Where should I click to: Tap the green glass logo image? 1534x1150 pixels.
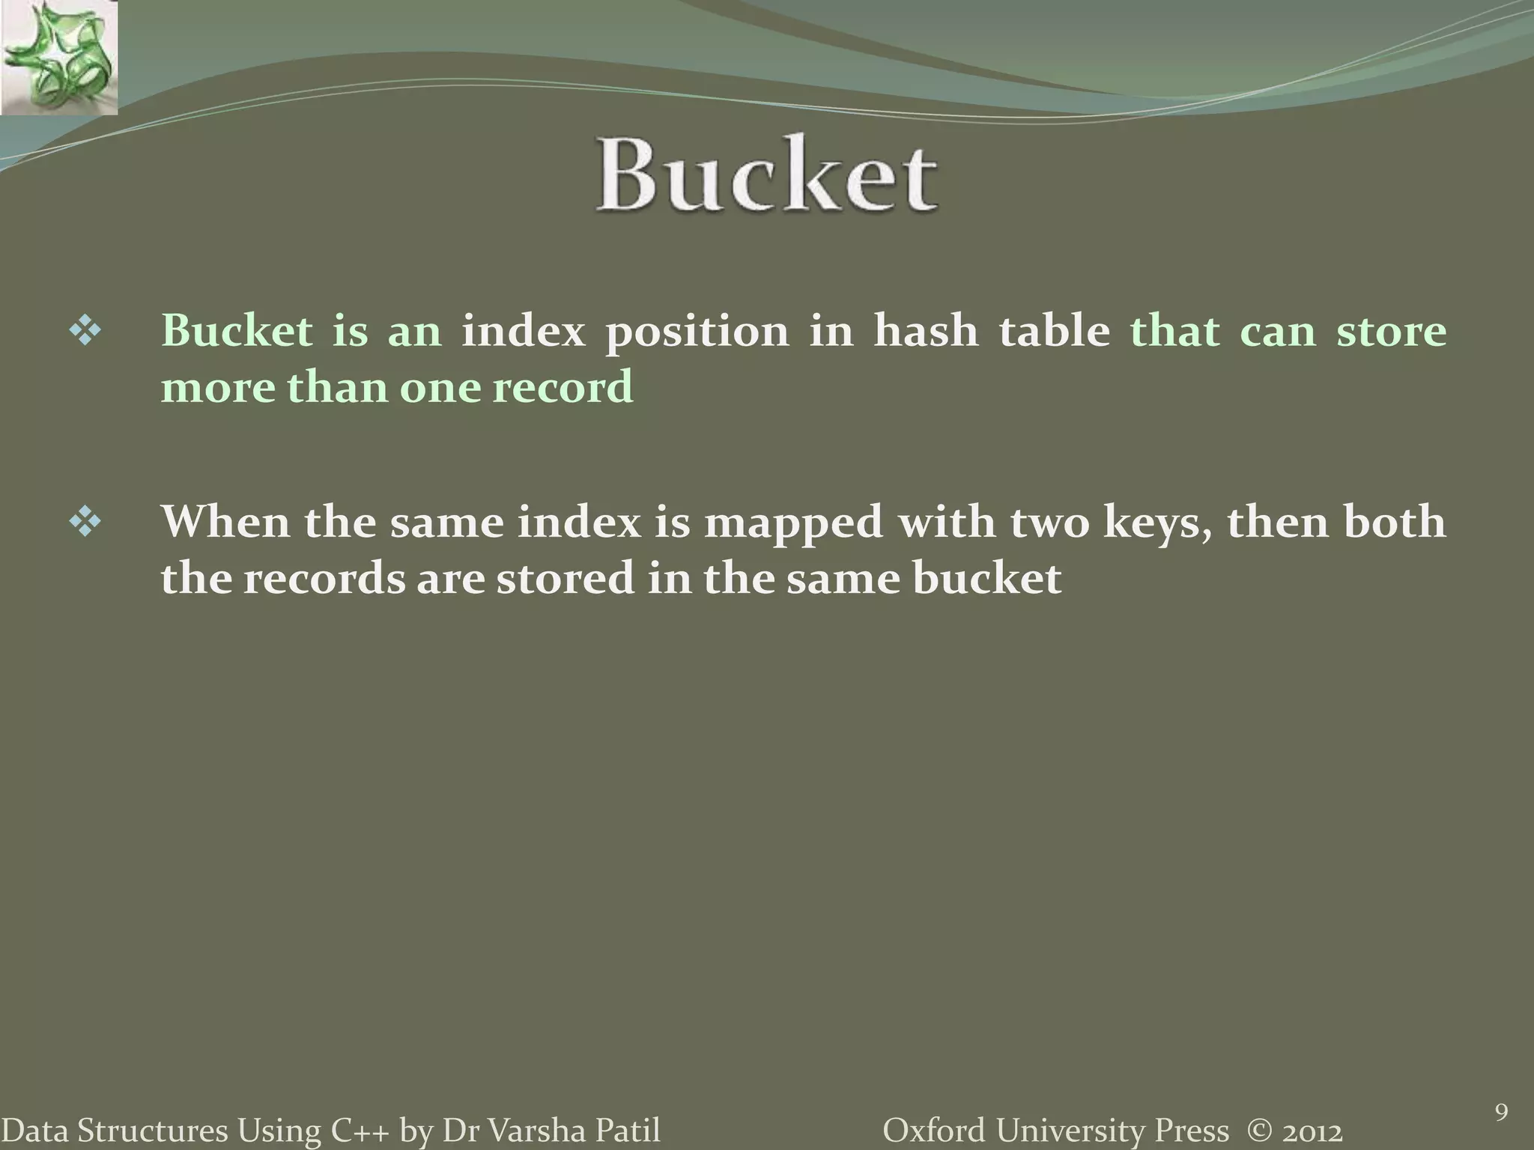point(58,57)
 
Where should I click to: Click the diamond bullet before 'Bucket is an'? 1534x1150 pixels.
point(85,332)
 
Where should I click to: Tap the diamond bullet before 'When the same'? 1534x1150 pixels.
point(85,523)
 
